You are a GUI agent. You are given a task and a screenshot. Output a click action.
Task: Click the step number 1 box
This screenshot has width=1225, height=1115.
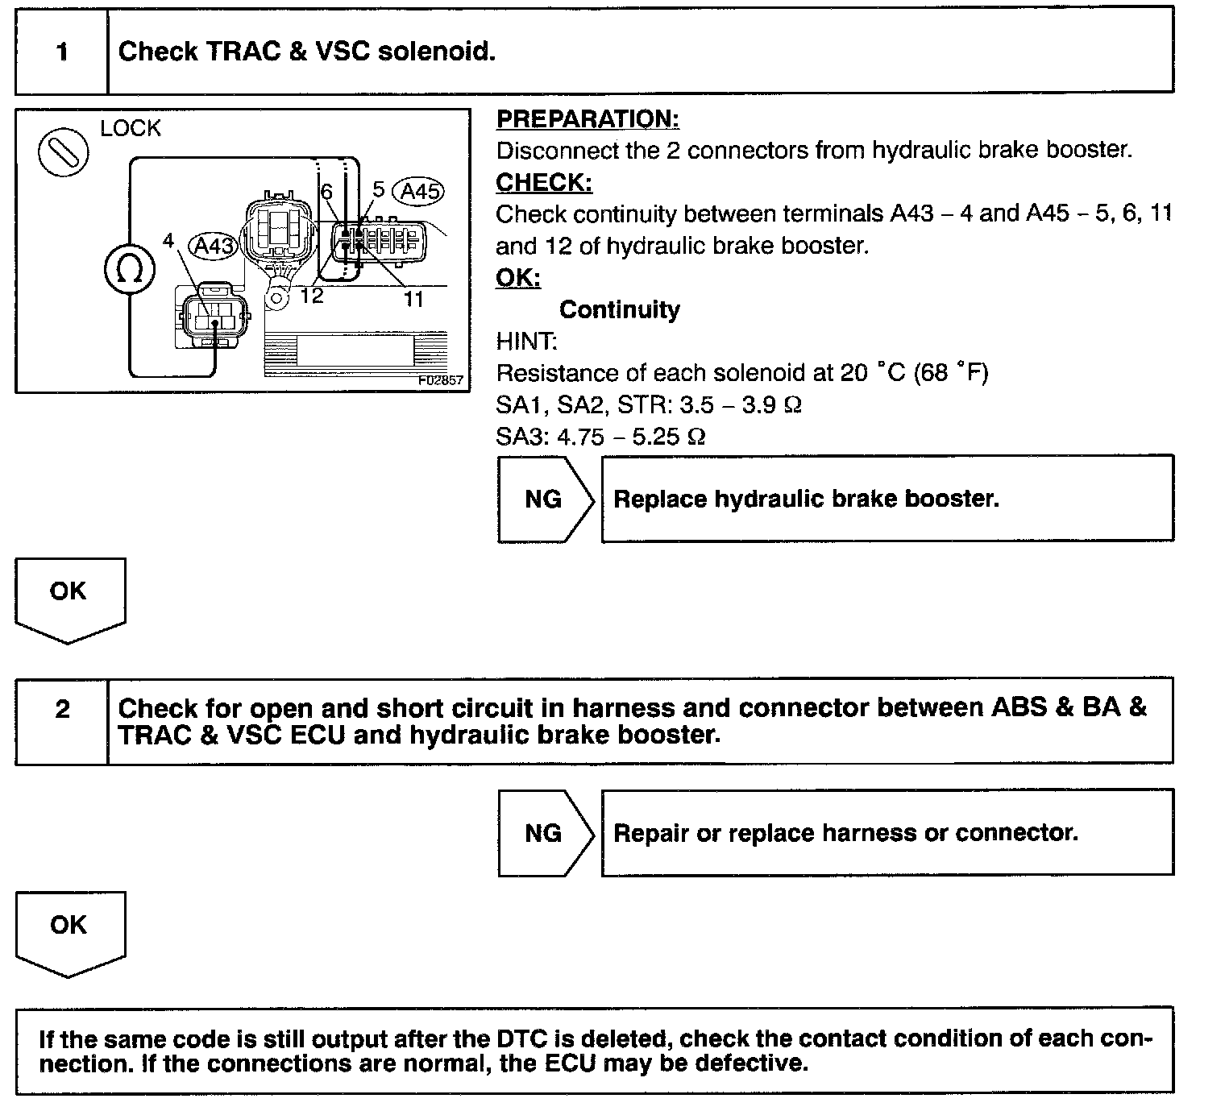click(62, 52)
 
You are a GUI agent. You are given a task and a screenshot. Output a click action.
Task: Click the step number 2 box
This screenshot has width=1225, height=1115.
click(62, 710)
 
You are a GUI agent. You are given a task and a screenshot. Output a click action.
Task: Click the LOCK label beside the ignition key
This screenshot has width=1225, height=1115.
click(131, 128)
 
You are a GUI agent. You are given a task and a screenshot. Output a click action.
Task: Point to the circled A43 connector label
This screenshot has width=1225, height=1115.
click(214, 245)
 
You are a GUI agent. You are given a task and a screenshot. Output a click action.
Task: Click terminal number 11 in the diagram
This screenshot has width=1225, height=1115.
click(413, 300)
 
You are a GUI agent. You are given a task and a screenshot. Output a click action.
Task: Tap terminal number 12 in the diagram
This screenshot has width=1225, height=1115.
click(311, 296)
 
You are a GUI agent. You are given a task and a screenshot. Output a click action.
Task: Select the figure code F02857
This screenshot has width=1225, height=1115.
click(441, 380)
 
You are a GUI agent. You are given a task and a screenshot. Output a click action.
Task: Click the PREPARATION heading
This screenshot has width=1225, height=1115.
click(588, 119)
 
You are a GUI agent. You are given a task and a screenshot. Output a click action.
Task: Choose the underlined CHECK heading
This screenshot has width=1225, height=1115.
click(544, 183)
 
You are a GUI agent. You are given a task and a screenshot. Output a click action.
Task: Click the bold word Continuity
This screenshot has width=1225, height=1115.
click(619, 309)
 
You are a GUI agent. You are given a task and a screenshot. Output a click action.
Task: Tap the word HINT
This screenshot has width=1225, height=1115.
click(526, 342)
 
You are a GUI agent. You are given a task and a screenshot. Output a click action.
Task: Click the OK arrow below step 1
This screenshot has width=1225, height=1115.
click(69, 597)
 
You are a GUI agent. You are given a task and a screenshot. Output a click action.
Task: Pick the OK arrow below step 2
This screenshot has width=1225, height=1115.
click(69, 931)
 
